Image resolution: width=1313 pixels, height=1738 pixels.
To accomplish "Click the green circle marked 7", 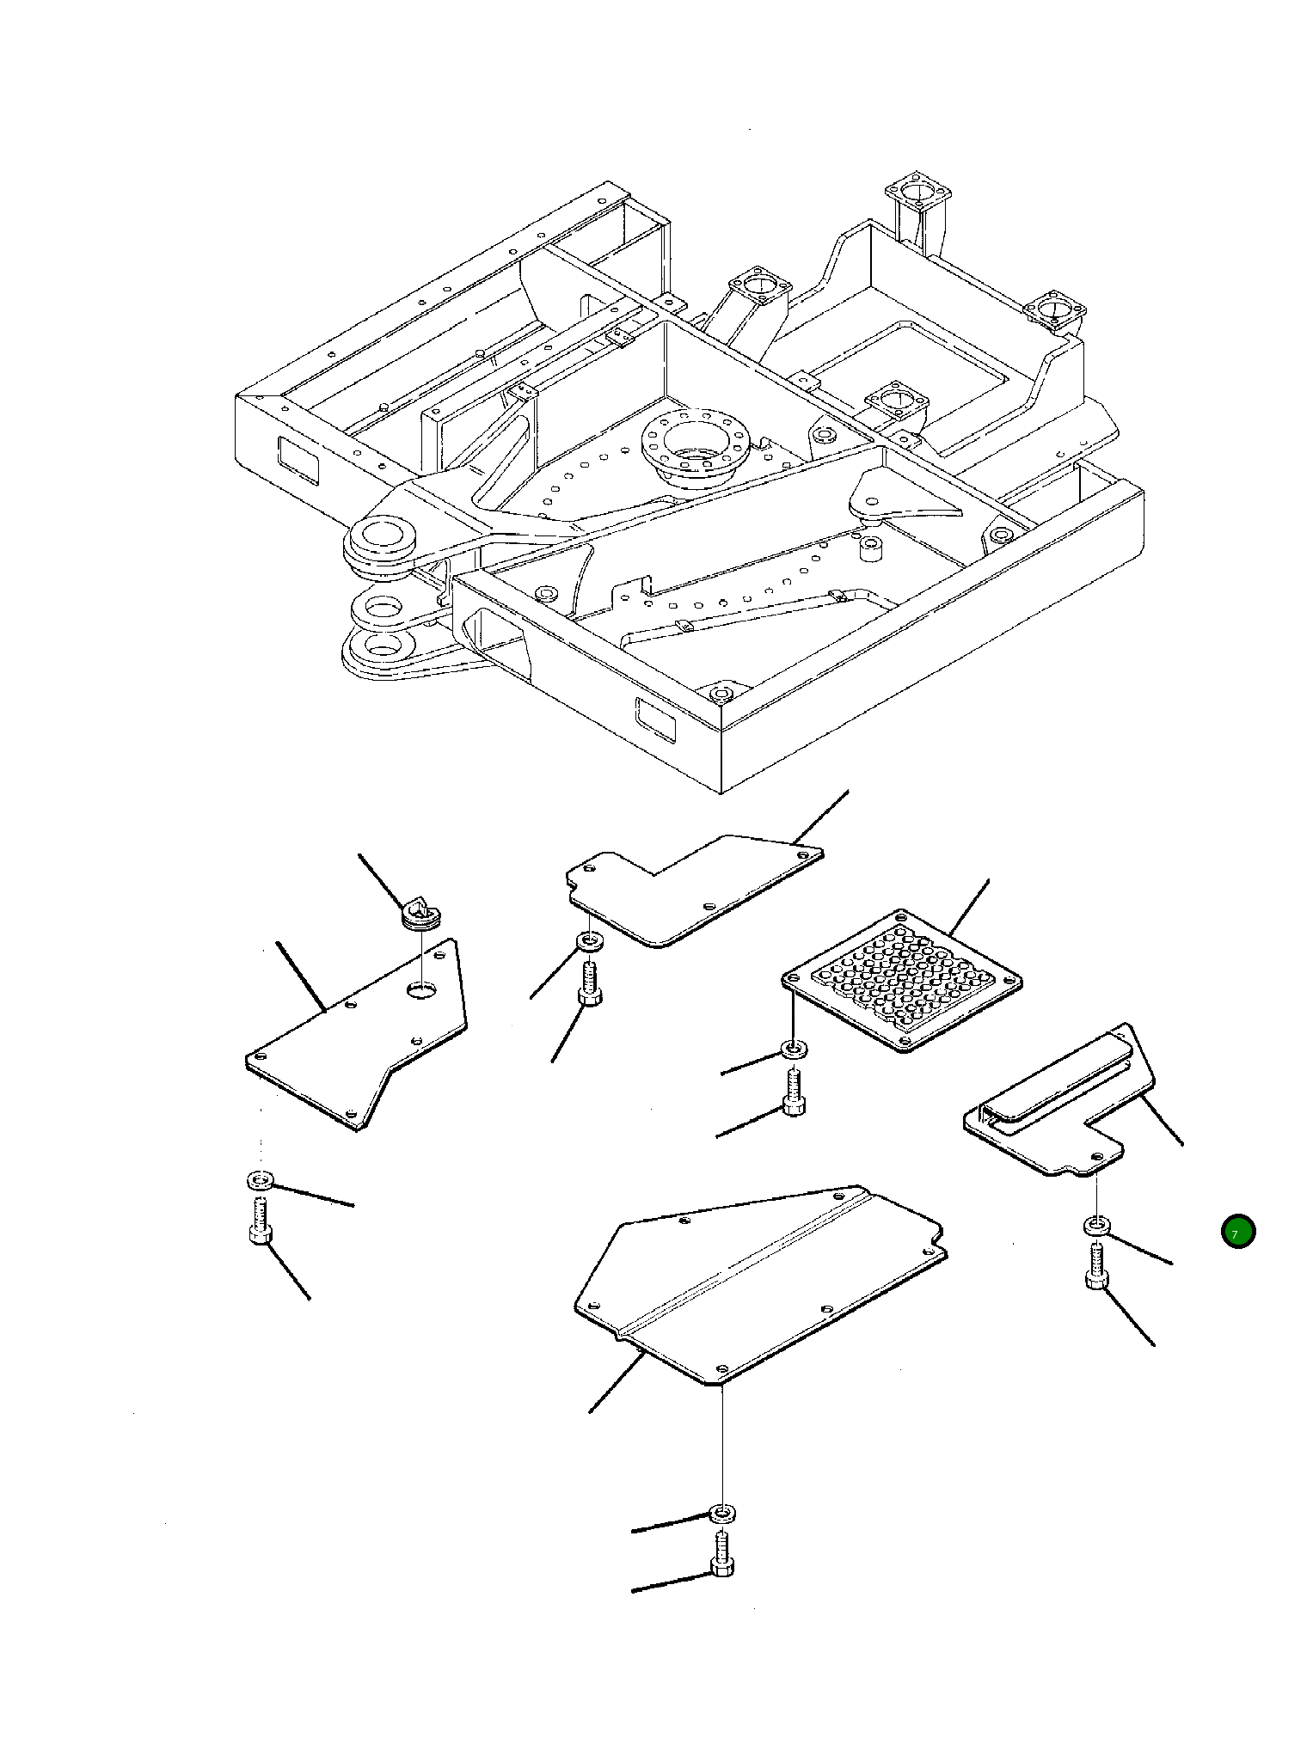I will click(1237, 1232).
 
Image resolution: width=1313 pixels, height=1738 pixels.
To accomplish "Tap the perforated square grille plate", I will click(901, 980).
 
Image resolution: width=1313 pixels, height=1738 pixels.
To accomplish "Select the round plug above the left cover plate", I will click(421, 913).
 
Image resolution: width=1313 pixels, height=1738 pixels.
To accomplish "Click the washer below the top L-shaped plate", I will click(590, 942).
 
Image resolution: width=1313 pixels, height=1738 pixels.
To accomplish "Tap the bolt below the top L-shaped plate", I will click(590, 984).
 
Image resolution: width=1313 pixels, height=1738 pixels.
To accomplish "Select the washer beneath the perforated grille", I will click(793, 1050).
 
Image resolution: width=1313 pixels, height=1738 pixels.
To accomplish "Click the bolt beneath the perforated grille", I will click(794, 1092).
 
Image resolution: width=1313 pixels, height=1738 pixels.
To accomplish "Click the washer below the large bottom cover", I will click(722, 1512).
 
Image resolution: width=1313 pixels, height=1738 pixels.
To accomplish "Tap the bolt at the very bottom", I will click(722, 1554).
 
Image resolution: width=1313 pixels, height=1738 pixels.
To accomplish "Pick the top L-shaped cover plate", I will click(688, 894).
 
